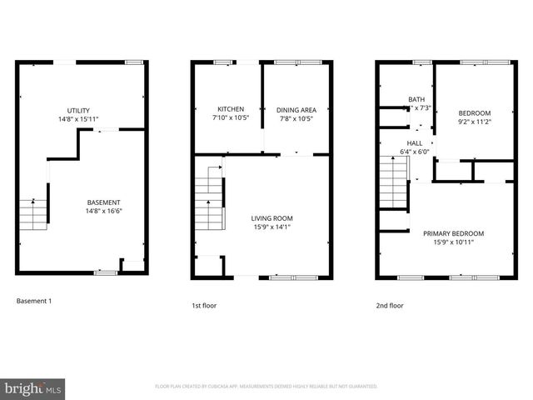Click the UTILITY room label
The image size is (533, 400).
click(x=79, y=111)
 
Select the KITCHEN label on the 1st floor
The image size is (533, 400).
click(x=231, y=110)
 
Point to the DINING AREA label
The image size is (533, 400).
click(x=296, y=110)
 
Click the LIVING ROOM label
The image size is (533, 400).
click(x=272, y=218)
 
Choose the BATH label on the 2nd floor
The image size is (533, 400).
click(x=416, y=100)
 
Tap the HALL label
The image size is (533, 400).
click(x=414, y=143)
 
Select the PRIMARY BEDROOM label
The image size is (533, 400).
click(x=453, y=233)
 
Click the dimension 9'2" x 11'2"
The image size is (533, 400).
click(x=475, y=122)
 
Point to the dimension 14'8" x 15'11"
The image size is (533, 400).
click(x=79, y=119)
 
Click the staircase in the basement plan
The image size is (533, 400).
click(x=32, y=214)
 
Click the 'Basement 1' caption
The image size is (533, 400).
click(x=34, y=300)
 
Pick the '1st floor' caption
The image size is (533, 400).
click(x=204, y=306)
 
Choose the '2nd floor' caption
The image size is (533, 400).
click(x=389, y=306)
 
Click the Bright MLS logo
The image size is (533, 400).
click(x=34, y=388)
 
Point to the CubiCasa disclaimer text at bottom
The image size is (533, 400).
click(x=266, y=387)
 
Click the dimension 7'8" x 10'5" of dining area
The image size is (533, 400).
click(x=296, y=118)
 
